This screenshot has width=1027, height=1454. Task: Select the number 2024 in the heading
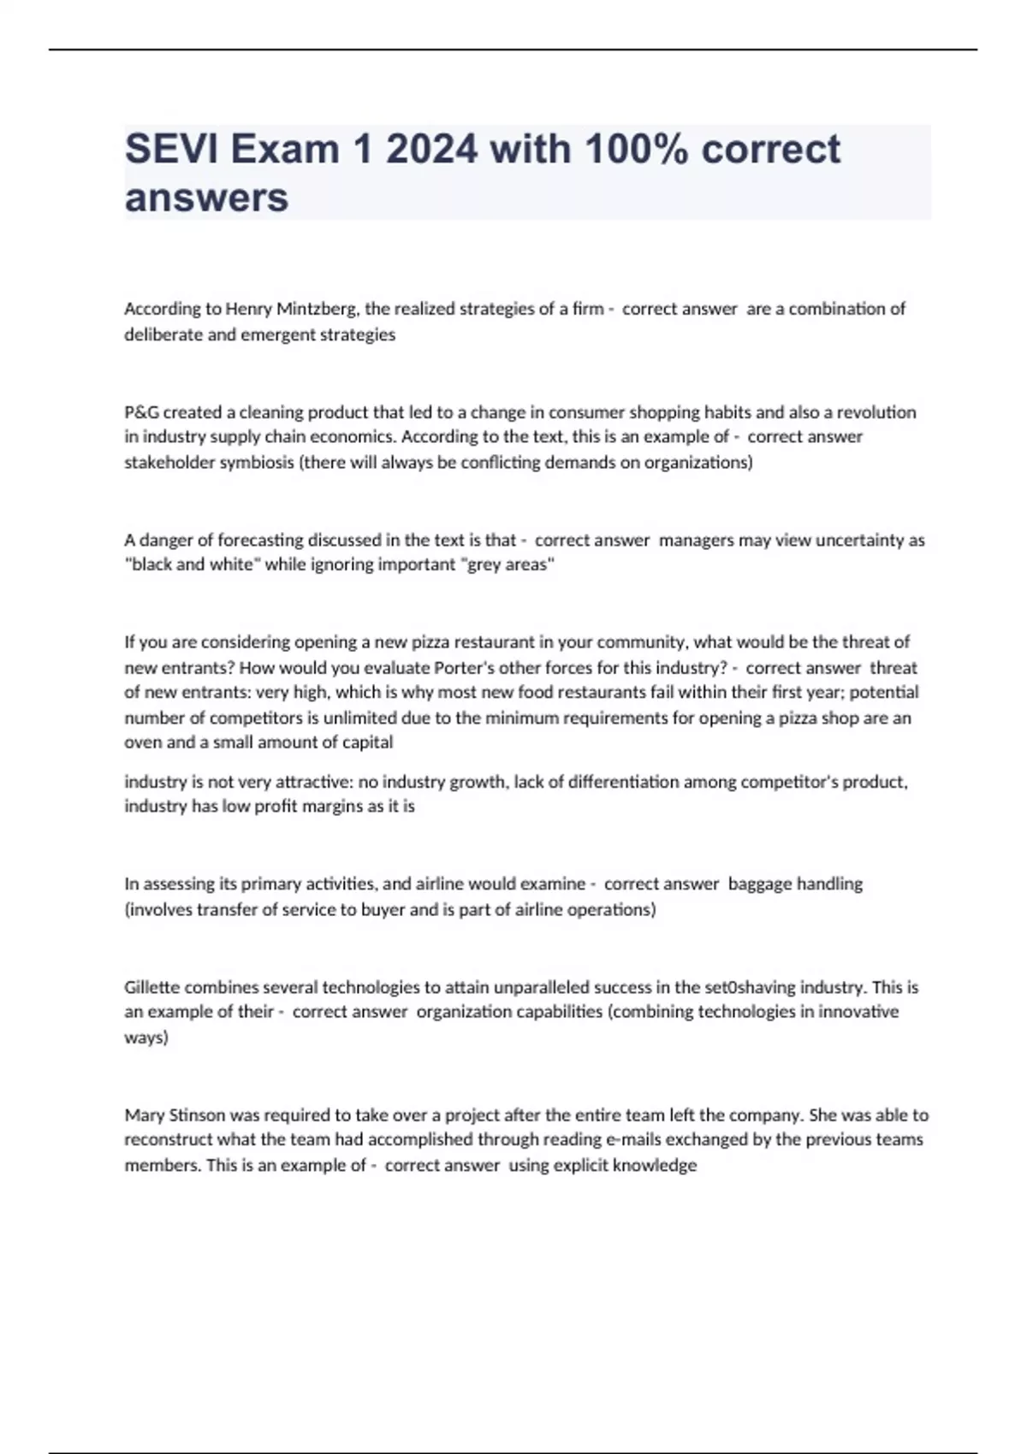click(x=431, y=150)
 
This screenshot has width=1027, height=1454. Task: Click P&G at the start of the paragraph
click(x=141, y=412)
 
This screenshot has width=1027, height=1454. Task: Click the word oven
click(x=143, y=742)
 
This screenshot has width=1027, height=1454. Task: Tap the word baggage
click(x=759, y=884)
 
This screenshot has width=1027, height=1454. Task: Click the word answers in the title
click(x=206, y=198)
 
